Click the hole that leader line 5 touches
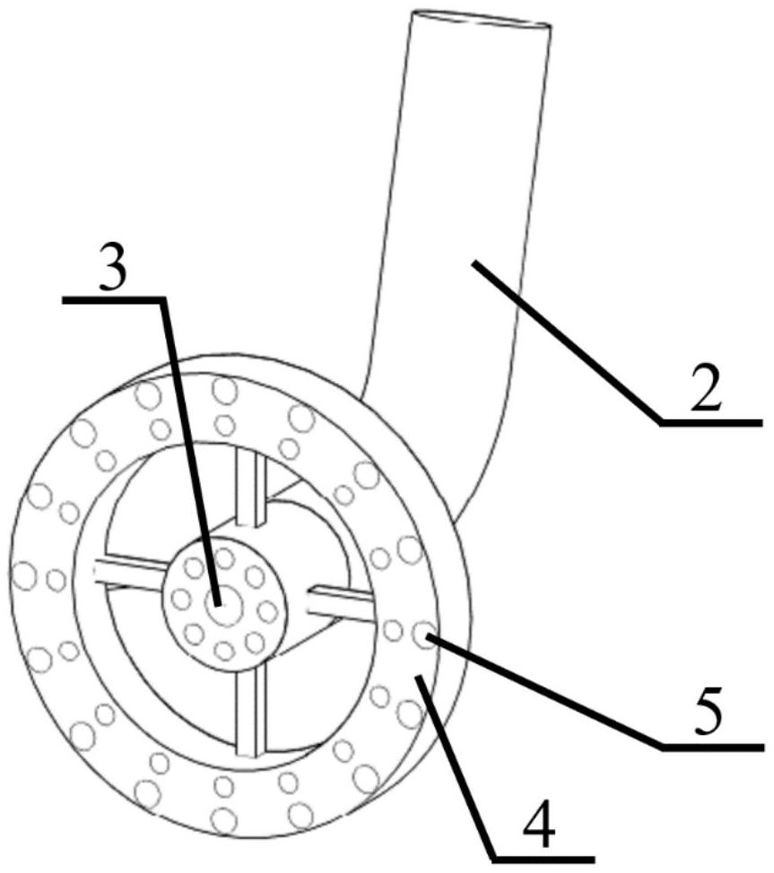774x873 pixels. point(422,635)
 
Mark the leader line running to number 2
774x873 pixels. point(565,341)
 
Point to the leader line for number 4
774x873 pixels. point(457,762)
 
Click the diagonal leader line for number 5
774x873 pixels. point(547,690)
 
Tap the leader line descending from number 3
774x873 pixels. point(188,448)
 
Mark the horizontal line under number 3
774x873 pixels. point(113,300)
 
